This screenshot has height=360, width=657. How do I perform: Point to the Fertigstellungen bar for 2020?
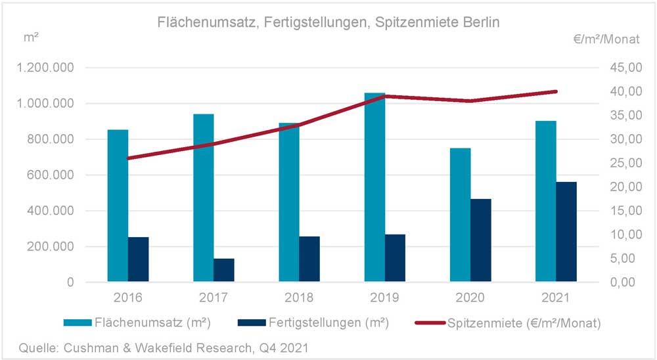(481, 240)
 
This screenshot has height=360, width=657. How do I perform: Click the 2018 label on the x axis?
(299, 297)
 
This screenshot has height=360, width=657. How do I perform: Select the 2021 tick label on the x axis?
(556, 297)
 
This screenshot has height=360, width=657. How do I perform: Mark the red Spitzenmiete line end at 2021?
(556, 91)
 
